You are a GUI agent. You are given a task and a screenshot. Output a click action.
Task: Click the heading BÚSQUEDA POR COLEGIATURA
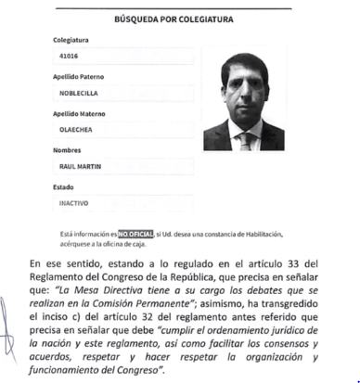click(x=179, y=19)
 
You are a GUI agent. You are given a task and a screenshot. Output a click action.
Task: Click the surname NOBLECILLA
click(x=81, y=94)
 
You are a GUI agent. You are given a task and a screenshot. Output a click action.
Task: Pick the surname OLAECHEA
click(x=76, y=131)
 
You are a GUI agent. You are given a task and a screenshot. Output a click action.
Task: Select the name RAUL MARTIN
click(x=80, y=167)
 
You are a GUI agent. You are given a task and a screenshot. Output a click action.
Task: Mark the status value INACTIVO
click(x=74, y=203)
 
